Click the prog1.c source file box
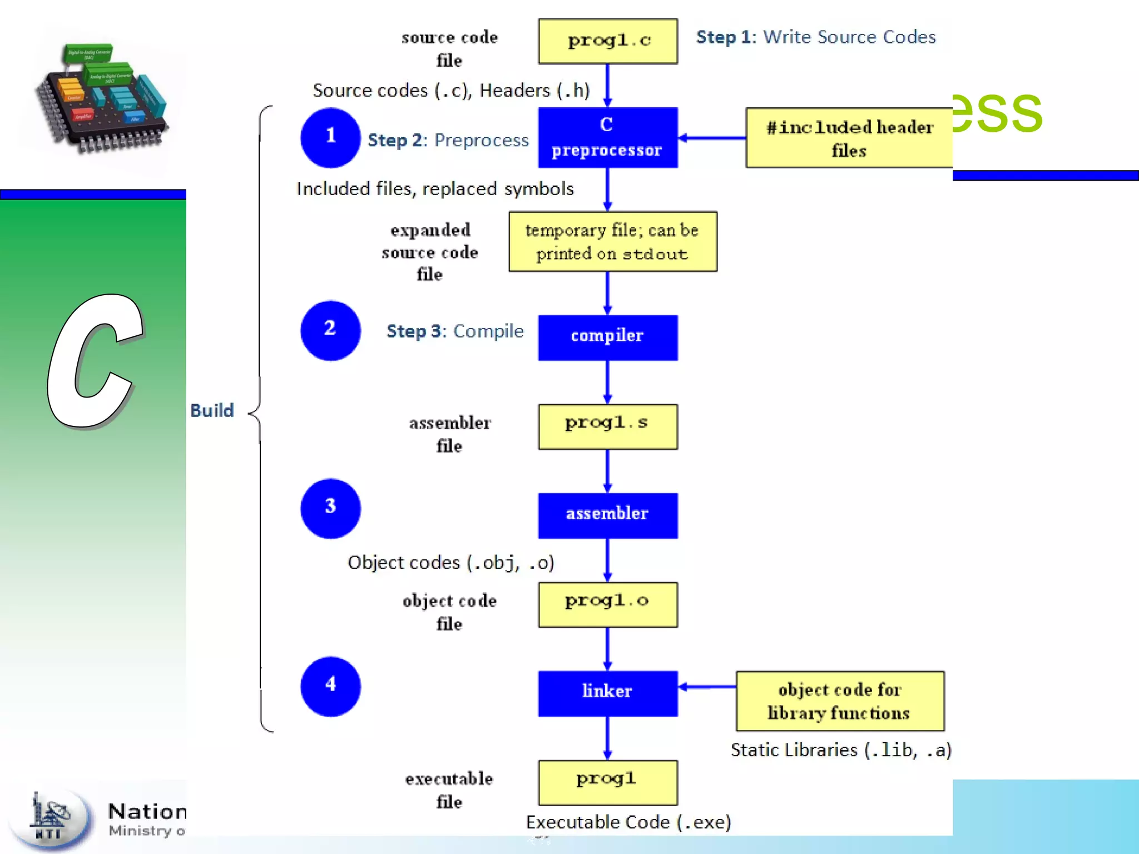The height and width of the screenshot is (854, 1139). [x=607, y=41]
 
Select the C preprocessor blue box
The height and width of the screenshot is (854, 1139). [x=607, y=137]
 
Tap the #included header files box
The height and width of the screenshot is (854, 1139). [x=849, y=138]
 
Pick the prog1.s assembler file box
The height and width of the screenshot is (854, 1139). [x=607, y=426]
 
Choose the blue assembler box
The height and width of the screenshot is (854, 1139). [x=607, y=515]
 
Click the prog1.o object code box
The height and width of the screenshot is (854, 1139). [x=607, y=604]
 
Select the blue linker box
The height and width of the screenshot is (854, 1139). [x=607, y=693]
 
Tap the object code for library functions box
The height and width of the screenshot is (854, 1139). [x=839, y=701]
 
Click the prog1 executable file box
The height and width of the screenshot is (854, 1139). [x=607, y=782]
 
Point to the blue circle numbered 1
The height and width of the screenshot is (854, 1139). [x=330, y=137]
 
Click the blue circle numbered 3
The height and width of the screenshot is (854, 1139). [x=330, y=508]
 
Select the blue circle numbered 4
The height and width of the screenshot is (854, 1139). [x=330, y=686]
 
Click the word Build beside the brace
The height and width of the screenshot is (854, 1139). [x=212, y=410]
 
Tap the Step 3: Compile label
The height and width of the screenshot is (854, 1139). [x=455, y=331]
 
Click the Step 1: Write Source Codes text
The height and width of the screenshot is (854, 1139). [x=815, y=37]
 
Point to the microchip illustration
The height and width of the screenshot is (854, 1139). [x=102, y=97]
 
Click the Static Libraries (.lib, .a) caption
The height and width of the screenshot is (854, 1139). [x=840, y=750]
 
